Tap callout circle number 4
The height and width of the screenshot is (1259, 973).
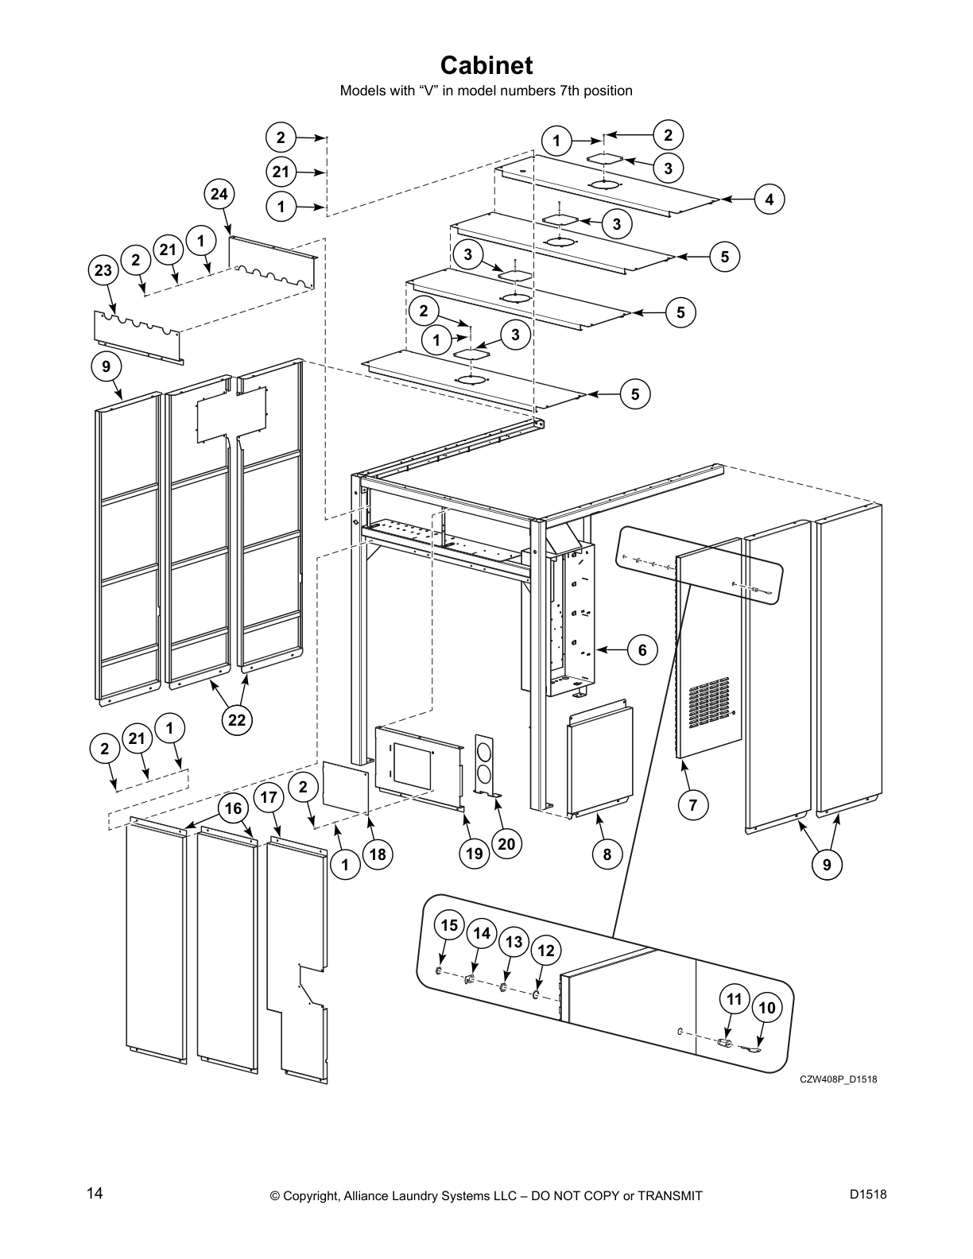[x=769, y=200]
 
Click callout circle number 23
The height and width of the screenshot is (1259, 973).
[x=103, y=269]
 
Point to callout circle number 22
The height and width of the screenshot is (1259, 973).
[x=236, y=720]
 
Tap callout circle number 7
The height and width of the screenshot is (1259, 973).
[x=692, y=805]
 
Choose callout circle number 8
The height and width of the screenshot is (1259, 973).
[x=607, y=854]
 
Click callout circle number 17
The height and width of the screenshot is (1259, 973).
[x=269, y=797]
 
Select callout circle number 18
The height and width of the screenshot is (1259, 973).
[x=377, y=854]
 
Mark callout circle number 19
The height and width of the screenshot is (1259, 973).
[x=475, y=854]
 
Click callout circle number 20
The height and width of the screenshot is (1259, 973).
[x=507, y=843]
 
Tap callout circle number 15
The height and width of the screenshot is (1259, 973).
[x=450, y=925]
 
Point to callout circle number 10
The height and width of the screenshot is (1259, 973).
[x=766, y=1009]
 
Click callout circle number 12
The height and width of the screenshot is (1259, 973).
[x=546, y=950]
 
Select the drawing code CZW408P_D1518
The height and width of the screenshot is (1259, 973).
[x=838, y=1079]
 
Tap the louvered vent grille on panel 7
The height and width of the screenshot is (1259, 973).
[x=707, y=703]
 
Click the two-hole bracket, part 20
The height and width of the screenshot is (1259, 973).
[x=485, y=763]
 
